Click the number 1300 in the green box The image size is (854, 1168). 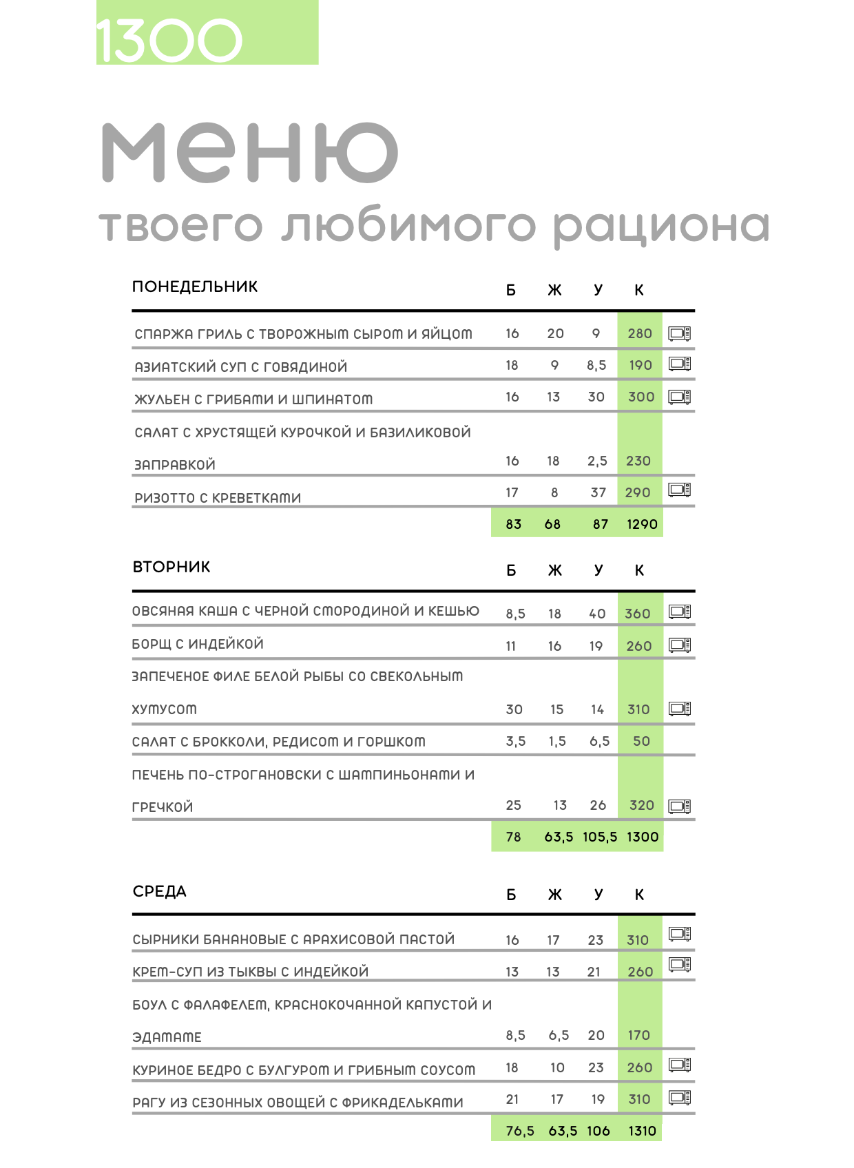click(x=169, y=40)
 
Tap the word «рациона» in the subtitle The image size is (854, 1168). click(x=661, y=227)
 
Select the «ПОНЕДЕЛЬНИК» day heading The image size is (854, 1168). click(x=195, y=286)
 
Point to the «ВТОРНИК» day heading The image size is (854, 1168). click(x=171, y=567)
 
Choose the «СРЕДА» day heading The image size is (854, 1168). click(x=160, y=891)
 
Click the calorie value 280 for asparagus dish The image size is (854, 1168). click(x=640, y=333)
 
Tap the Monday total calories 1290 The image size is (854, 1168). click(x=642, y=524)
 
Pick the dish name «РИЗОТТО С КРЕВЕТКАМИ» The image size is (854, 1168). click(x=218, y=498)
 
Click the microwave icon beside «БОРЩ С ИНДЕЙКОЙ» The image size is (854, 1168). click(x=680, y=645)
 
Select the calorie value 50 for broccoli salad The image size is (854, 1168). click(x=641, y=741)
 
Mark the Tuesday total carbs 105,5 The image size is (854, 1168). click(x=600, y=837)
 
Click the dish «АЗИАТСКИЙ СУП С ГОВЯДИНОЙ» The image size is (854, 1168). click(x=241, y=367)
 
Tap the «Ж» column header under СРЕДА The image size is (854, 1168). click(x=555, y=895)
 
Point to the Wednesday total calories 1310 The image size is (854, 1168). click(x=642, y=1131)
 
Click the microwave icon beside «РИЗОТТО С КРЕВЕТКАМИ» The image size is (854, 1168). click(x=680, y=490)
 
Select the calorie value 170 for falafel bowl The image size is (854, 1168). click(x=638, y=1035)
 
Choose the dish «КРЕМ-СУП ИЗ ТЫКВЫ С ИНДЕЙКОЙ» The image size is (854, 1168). click(x=251, y=972)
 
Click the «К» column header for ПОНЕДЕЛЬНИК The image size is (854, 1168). click(x=639, y=291)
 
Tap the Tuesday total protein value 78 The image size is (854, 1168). click(x=513, y=837)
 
